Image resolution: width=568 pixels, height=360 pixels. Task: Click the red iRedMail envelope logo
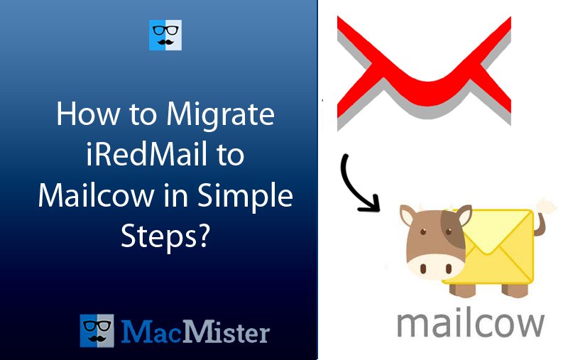[424, 67]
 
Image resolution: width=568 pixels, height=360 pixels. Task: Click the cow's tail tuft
[546, 206]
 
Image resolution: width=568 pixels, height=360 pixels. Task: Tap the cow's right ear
[464, 214]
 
